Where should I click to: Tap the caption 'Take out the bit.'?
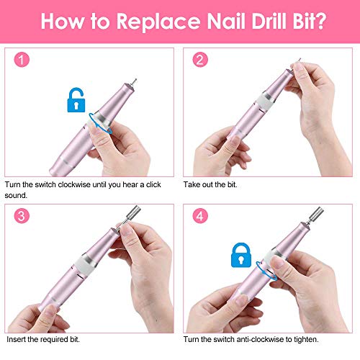click(213, 185)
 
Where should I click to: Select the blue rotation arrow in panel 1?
click(97, 118)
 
